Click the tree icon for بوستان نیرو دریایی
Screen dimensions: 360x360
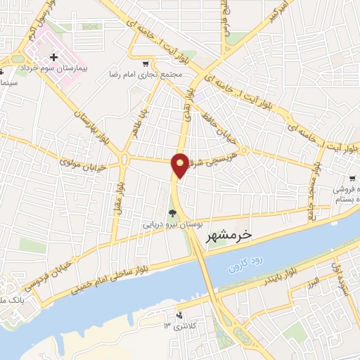click(x=172, y=214)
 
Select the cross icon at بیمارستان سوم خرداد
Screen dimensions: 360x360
click(x=53, y=56)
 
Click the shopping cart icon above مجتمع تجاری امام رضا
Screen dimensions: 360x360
click(x=146, y=63)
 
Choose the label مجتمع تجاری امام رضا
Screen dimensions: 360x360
click(x=146, y=74)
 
